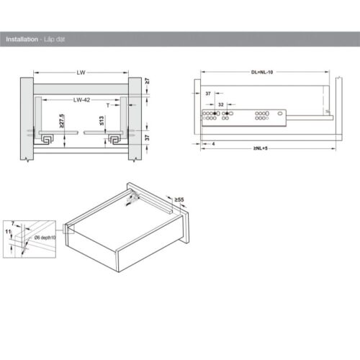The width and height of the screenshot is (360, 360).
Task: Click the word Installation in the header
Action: pos(21,40)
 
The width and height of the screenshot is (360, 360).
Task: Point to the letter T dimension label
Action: pos(107,105)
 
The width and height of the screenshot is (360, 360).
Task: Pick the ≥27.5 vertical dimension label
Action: pos(62,120)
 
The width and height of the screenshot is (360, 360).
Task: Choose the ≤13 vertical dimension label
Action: pos(102,120)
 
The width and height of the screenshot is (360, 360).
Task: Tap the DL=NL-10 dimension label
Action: pos(264,72)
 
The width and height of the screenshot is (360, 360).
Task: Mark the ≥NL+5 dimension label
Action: pos(262,149)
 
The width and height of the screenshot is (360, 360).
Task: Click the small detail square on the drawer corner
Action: pos(68,230)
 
